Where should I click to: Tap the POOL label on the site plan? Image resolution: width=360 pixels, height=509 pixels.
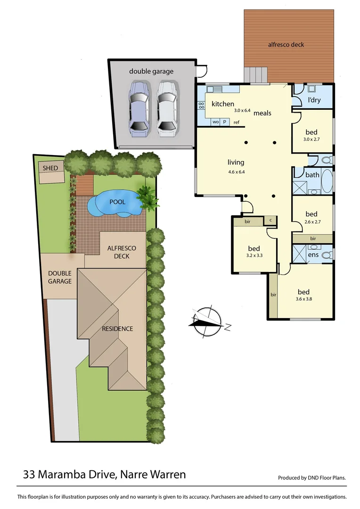pyautogui.click(x=117, y=202)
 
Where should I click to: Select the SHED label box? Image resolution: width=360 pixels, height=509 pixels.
pyautogui.click(x=50, y=168)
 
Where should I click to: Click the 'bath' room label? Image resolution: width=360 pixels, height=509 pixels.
pyautogui.click(x=312, y=175)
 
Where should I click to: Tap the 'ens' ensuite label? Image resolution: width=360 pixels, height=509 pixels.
pyautogui.click(x=313, y=255)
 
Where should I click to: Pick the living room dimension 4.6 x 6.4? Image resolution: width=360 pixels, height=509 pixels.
pyautogui.click(x=236, y=172)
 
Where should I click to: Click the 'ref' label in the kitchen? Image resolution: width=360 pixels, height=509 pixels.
pyautogui.click(x=237, y=123)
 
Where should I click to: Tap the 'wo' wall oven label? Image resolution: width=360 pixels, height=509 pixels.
pyautogui.click(x=215, y=122)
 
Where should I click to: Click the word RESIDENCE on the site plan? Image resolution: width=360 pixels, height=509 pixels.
pyautogui.click(x=117, y=328)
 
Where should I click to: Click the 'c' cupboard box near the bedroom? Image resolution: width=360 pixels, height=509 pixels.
pyautogui.click(x=270, y=220)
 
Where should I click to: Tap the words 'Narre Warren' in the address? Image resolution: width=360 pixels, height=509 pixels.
pyautogui.click(x=152, y=474)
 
